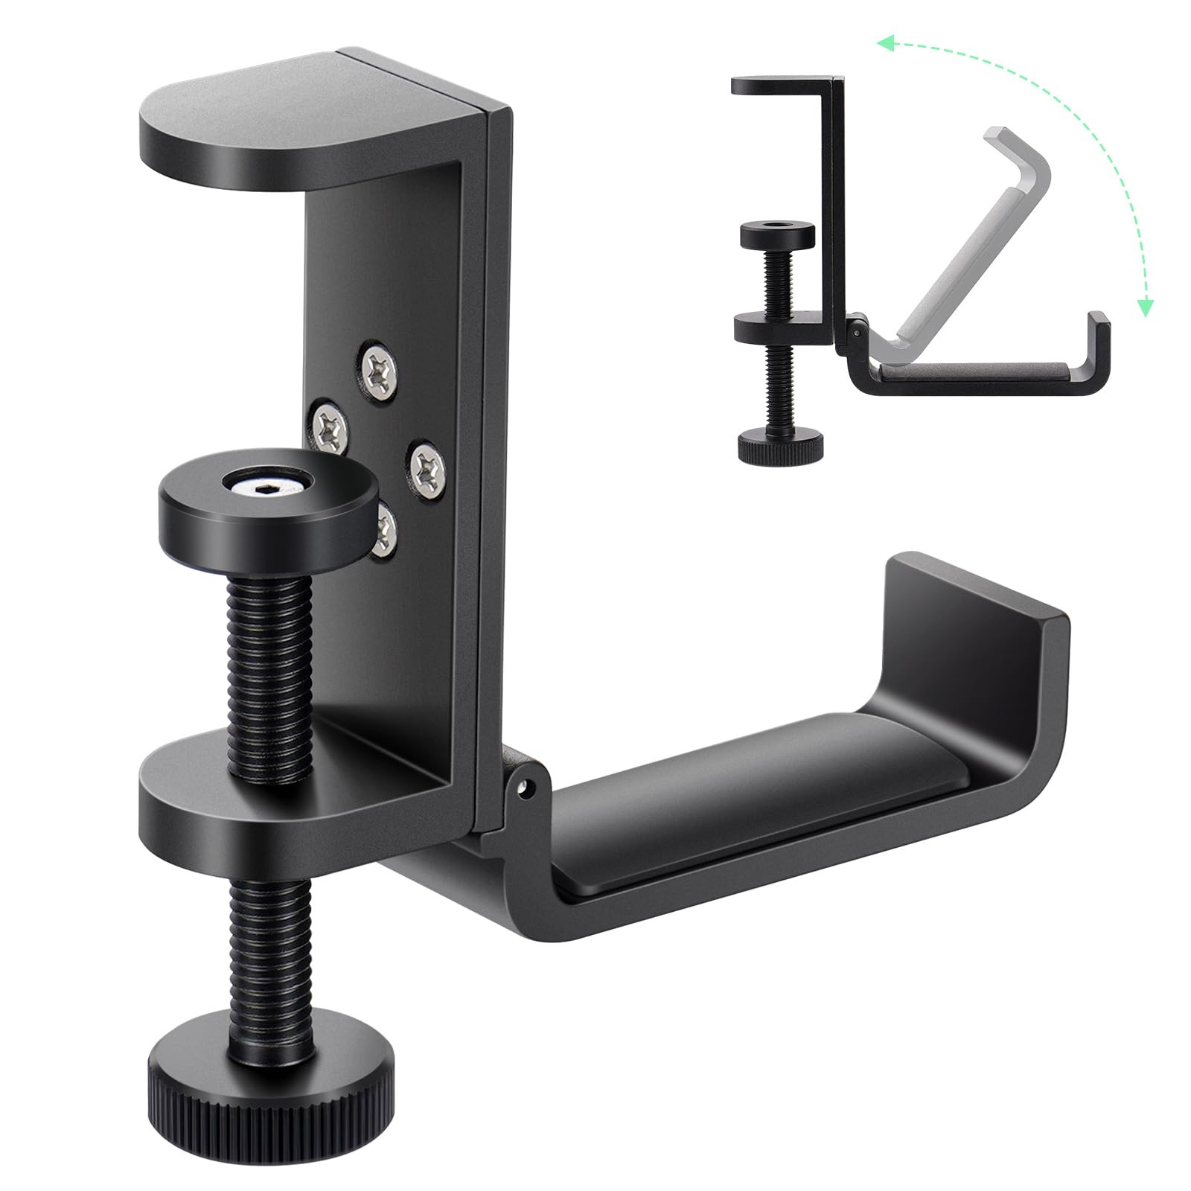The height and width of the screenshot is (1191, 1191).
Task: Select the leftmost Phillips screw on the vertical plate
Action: [x=328, y=426]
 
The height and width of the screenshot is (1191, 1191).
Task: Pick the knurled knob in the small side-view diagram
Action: [x=780, y=446]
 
